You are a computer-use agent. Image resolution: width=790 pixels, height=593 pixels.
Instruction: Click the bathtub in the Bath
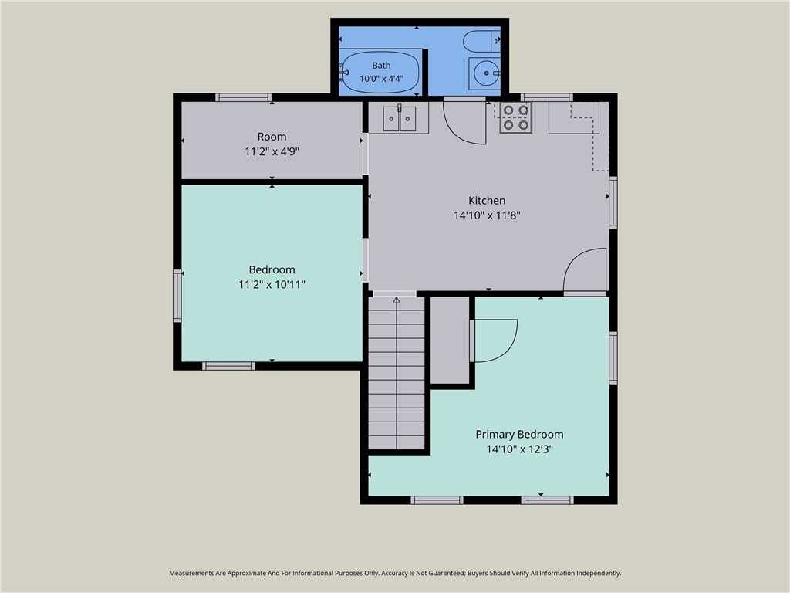pos(381,72)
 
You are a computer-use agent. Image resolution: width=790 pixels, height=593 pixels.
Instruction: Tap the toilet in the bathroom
pos(481,41)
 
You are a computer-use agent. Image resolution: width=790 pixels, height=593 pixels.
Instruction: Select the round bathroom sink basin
pos(487,73)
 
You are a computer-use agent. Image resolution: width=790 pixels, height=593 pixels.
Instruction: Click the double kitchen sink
pos(400,118)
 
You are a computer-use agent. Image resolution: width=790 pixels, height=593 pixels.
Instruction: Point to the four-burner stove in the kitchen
pos(515,117)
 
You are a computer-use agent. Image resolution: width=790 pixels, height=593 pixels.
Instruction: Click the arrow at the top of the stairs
pos(397,300)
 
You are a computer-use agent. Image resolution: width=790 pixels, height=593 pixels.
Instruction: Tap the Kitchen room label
pos(487,200)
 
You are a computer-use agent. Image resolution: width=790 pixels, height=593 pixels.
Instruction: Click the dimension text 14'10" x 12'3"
pos(519,449)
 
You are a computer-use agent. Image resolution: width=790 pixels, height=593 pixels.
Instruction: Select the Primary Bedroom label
pos(519,434)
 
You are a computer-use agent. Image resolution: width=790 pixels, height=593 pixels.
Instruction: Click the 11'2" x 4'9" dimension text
pos(272,151)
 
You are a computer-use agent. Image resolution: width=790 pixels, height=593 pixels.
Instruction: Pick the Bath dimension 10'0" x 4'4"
pos(381,79)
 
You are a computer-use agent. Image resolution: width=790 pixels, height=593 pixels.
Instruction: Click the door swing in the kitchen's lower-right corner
pos(585,269)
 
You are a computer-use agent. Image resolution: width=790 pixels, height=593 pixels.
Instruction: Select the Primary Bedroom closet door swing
pos(496,341)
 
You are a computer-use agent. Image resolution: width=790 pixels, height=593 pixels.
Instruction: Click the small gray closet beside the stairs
pos(450,340)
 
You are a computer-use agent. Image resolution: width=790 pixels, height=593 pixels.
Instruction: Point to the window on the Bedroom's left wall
pos(177,296)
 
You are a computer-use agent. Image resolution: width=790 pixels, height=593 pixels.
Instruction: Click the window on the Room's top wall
pos(243,97)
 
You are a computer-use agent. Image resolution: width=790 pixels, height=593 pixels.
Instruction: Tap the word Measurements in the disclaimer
pos(191,574)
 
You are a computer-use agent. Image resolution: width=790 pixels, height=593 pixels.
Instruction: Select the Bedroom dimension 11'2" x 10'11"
pos(272,284)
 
